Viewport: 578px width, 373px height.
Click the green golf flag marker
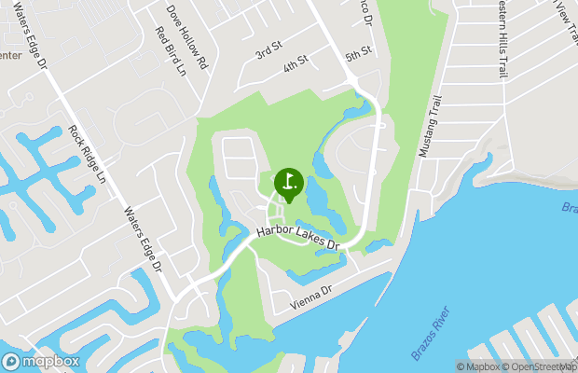click(x=288, y=182)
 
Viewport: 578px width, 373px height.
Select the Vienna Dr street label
click(x=310, y=296)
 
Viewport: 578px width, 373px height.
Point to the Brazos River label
click(x=431, y=332)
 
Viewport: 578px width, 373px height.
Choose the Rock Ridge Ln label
click(x=89, y=154)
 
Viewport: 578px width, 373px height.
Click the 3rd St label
click(x=268, y=50)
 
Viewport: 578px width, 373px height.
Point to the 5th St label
click(x=358, y=54)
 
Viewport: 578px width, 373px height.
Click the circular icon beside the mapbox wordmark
click(x=12, y=361)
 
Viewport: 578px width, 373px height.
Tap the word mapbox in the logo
click(x=52, y=362)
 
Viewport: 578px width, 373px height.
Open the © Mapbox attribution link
click(x=480, y=366)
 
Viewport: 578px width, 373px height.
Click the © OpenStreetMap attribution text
click(x=541, y=366)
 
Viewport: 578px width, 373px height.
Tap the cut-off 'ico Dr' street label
click(x=366, y=13)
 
